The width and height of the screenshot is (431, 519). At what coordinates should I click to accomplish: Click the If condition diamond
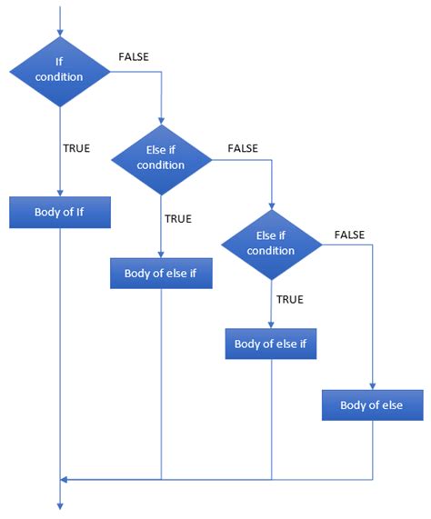pyautogui.click(x=59, y=70)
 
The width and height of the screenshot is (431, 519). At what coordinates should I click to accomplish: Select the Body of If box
pyautogui.click(x=59, y=212)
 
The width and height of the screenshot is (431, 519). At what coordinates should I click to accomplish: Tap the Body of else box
pyautogui.click(x=372, y=404)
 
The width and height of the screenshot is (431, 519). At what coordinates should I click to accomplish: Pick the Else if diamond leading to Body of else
pyautogui.click(x=271, y=244)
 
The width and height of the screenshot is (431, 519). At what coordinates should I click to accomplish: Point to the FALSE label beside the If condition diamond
pyautogui.click(x=134, y=57)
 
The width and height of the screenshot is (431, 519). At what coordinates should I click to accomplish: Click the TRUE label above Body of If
pyautogui.click(x=76, y=148)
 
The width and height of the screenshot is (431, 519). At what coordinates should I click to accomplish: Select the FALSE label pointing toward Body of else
pyautogui.click(x=349, y=235)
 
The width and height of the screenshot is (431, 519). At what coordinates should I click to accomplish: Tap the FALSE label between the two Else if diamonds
pyautogui.click(x=243, y=147)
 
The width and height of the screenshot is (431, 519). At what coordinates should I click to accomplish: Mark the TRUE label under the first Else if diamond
pyautogui.click(x=177, y=219)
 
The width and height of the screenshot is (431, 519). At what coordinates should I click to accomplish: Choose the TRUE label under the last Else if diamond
pyautogui.click(x=289, y=298)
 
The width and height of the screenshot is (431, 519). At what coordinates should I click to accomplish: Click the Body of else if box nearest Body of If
pyautogui.click(x=161, y=273)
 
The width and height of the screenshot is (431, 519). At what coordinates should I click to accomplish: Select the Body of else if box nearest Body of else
pyautogui.click(x=271, y=344)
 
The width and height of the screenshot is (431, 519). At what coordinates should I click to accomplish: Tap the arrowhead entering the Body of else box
pyautogui.click(x=372, y=385)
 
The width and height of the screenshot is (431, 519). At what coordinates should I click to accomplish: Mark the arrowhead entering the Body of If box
pyautogui.click(x=59, y=193)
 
